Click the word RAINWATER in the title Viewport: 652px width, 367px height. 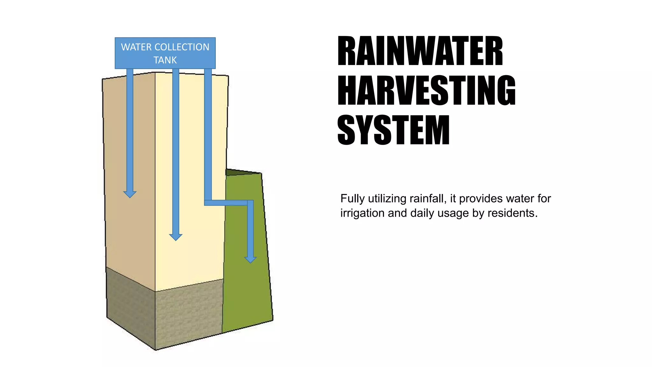pyautogui.click(x=420, y=51)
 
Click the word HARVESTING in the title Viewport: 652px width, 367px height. pyautogui.click(x=427, y=90)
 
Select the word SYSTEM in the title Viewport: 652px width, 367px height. pyautogui.click(x=393, y=130)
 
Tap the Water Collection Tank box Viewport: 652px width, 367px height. pyautogui.click(x=165, y=53)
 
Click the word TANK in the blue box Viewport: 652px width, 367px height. pyautogui.click(x=165, y=60)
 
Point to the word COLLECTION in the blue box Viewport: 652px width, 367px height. pyautogui.click(x=182, y=47)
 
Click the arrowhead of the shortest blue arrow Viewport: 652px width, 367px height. pyautogui.click(x=130, y=194)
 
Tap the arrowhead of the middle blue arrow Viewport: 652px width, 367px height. pyautogui.click(x=176, y=237)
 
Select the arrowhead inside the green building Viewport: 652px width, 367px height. pyautogui.click(x=251, y=259)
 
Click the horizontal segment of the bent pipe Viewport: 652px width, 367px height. pyautogui.click(x=226, y=203)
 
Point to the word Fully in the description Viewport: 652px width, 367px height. pyautogui.click(x=353, y=198)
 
